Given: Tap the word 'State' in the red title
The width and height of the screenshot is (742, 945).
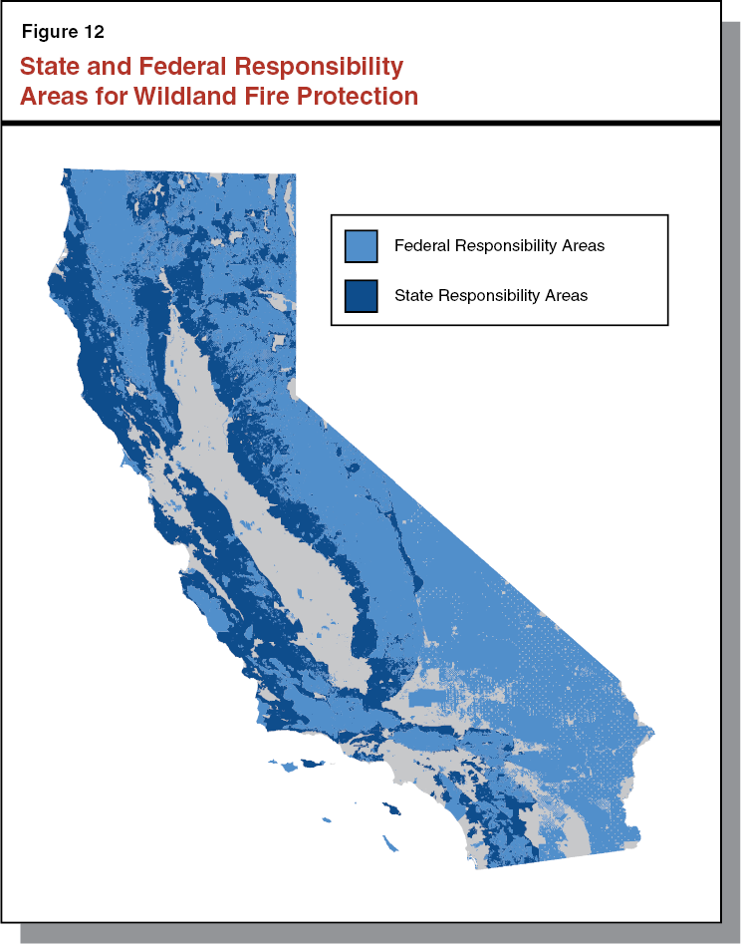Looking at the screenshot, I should tap(52, 67).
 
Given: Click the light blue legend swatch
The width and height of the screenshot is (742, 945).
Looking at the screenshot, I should tap(361, 245).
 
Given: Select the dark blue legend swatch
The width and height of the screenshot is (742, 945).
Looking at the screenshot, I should tap(361, 296).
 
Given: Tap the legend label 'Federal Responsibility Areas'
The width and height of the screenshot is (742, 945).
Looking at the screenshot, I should tap(499, 245).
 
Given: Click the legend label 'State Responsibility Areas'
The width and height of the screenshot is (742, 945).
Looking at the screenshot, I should tap(491, 296).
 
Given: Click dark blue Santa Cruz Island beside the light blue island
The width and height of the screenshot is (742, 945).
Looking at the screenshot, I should tap(313, 765).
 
